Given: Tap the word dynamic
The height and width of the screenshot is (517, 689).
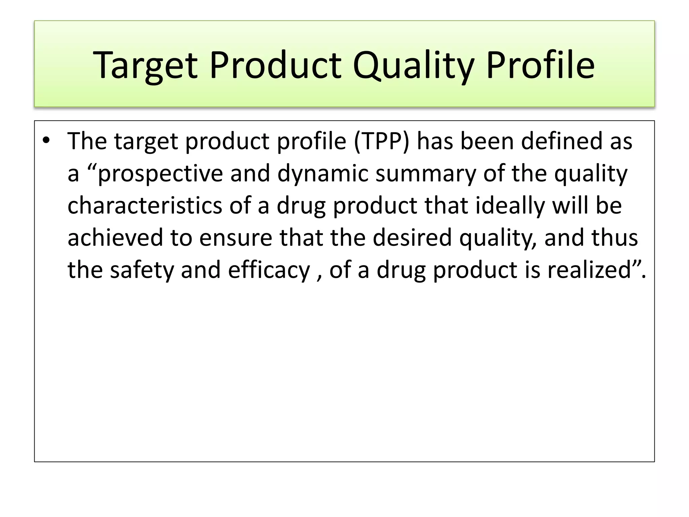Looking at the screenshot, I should point(323,174).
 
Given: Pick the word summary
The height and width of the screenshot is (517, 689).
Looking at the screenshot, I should point(426,174).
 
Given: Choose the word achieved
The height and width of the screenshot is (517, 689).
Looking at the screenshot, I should point(115,238).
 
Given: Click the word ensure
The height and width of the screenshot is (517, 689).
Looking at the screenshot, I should point(235,238).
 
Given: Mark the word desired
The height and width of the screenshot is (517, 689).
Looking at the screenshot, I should point(412,238).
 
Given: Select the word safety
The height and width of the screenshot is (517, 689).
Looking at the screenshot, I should point(141,270).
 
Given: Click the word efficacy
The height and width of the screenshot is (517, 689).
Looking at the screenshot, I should point(269,270).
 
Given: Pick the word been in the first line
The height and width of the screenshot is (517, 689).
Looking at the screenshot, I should point(486,141).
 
